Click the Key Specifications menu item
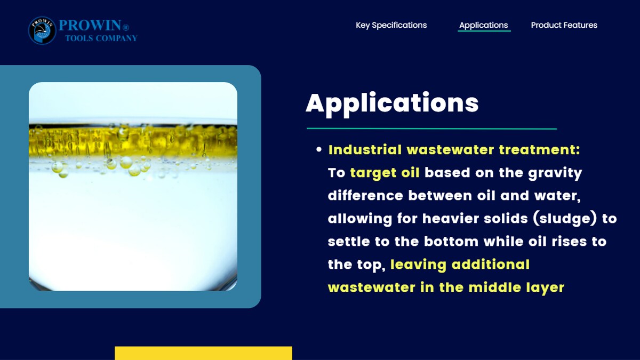point(391,25)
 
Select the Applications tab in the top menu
point(483,25)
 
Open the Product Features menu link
point(564,25)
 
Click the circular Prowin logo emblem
point(42,30)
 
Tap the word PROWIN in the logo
point(90,25)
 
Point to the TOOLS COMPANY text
point(101,38)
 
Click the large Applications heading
point(392,103)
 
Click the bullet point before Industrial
point(319,149)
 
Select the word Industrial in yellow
point(365,149)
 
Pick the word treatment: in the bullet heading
point(539,149)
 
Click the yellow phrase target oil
point(385,173)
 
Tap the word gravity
point(555,173)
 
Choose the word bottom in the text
point(451,242)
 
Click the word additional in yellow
point(490,265)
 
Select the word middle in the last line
point(494,287)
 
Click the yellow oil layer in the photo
point(133,141)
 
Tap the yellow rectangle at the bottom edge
point(203,353)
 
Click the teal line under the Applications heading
point(431,129)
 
